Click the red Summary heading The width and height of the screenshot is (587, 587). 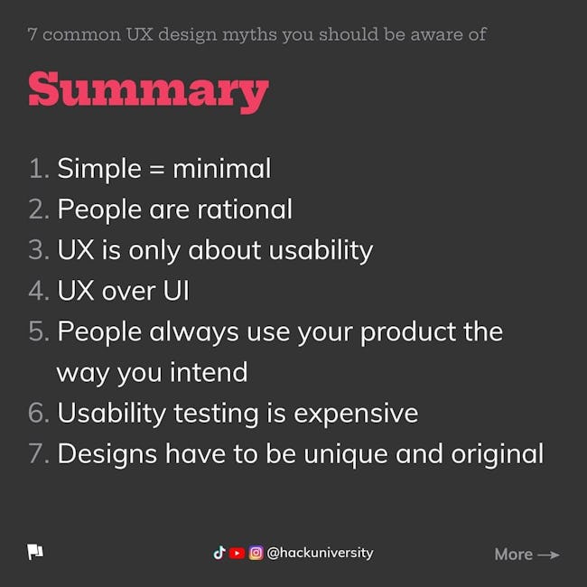(x=149, y=91)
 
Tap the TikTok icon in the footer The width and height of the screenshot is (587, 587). (x=219, y=553)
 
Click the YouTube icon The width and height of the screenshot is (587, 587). (x=237, y=553)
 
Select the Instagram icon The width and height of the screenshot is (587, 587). (x=256, y=553)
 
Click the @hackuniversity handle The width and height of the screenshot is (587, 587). (x=320, y=553)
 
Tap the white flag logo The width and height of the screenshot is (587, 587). (x=35, y=552)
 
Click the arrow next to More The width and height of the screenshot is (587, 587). (x=548, y=554)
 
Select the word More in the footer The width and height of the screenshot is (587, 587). (x=513, y=554)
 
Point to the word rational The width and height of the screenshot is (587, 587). (x=245, y=210)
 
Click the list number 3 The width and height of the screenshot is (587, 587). (x=39, y=249)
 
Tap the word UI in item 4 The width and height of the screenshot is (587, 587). (x=176, y=291)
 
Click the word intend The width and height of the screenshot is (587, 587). (x=209, y=372)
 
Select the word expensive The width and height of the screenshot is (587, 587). (x=356, y=415)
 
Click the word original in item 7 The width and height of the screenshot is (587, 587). (x=497, y=455)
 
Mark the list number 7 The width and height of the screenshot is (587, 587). (x=39, y=453)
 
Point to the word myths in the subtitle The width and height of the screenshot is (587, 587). (x=249, y=35)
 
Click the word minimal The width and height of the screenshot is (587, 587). (x=221, y=169)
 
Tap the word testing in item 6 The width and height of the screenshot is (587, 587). (x=216, y=415)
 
